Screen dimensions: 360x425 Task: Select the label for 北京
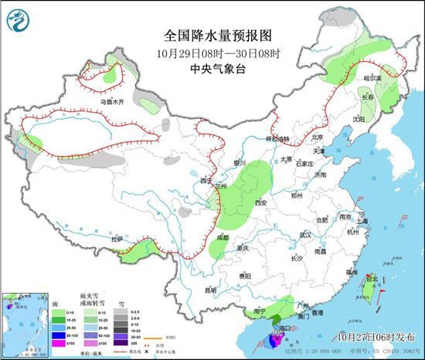315,138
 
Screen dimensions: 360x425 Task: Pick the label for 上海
363,221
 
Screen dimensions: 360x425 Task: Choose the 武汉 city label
304,234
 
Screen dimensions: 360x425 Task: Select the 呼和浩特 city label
276,139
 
